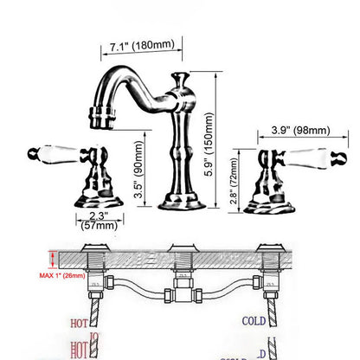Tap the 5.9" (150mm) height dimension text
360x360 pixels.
tap(227, 144)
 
